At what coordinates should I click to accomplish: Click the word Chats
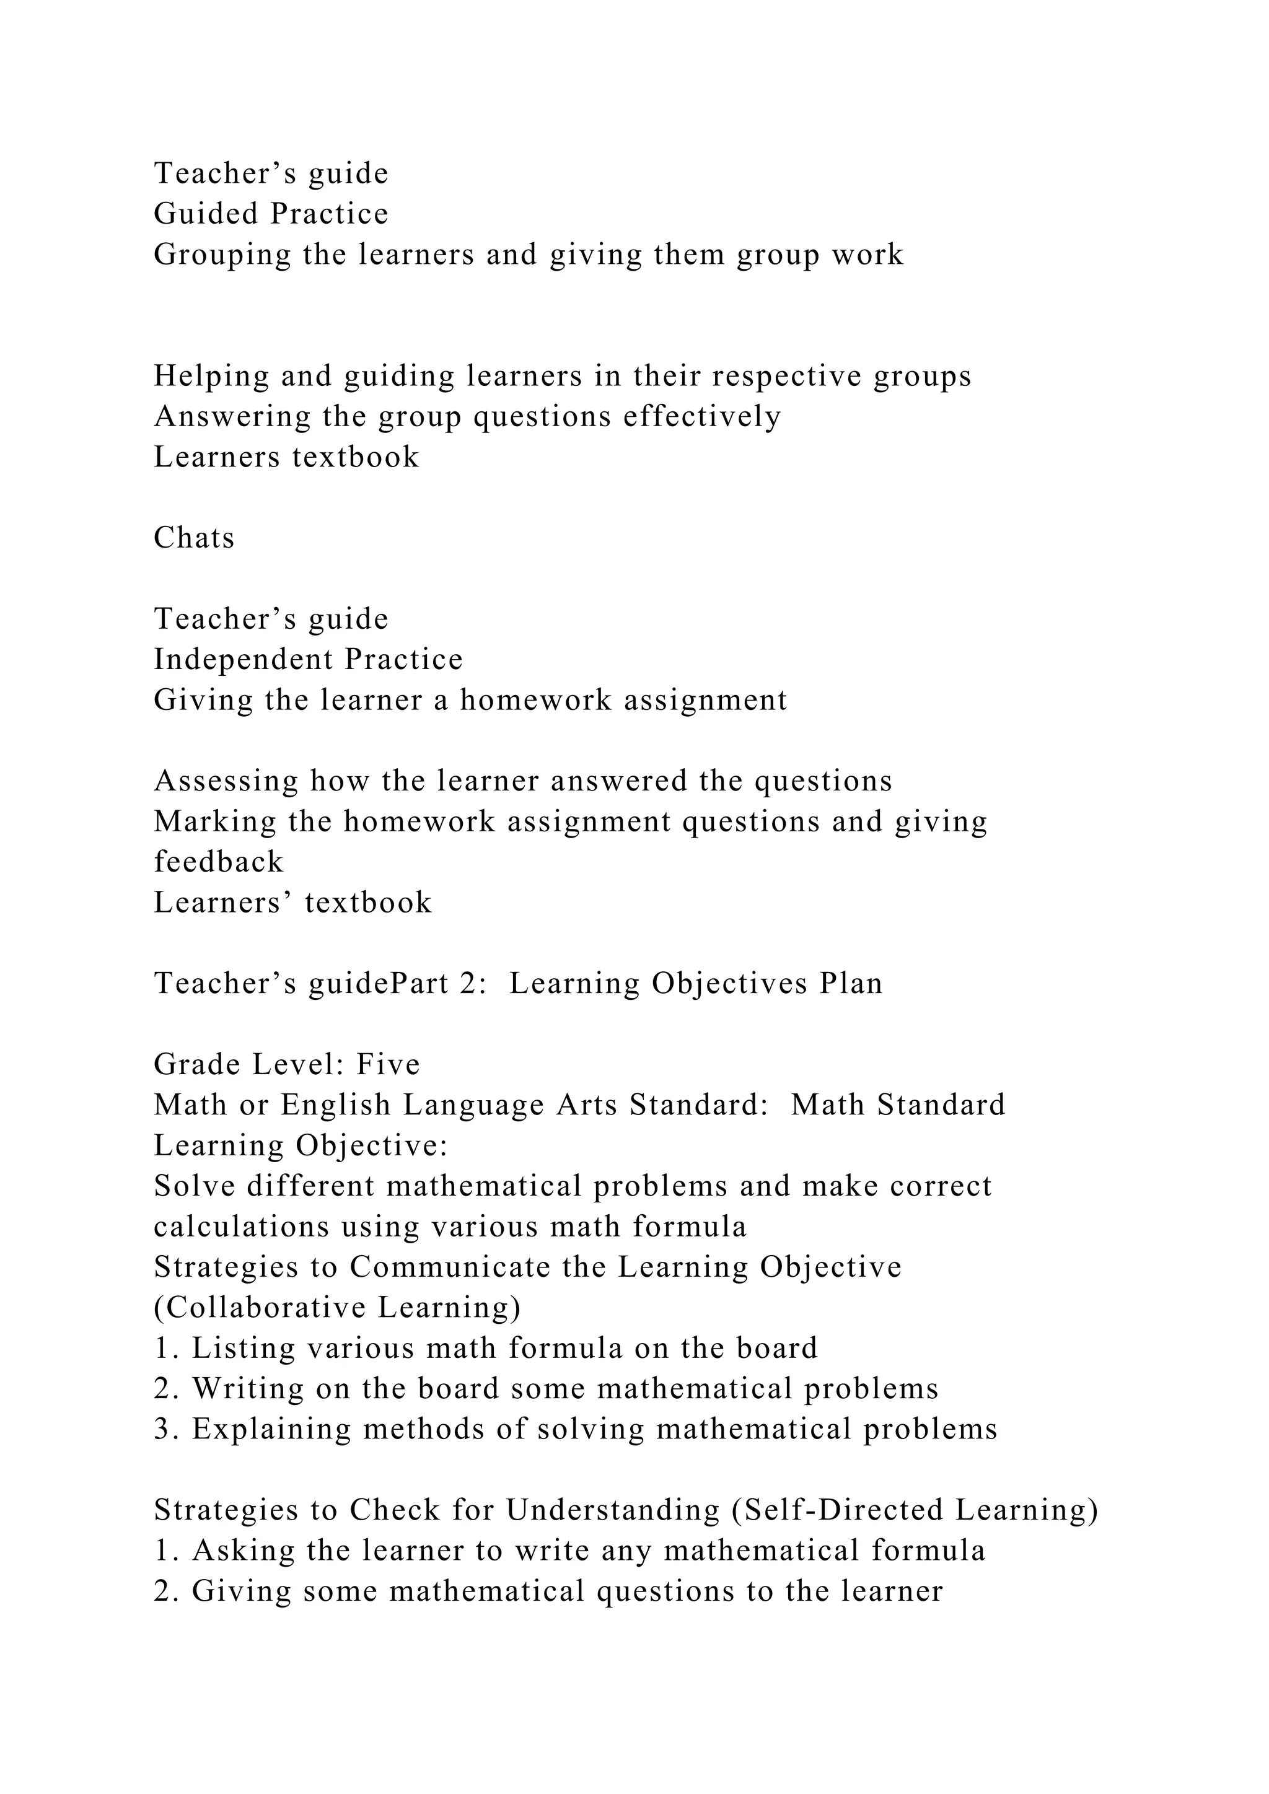[x=194, y=538]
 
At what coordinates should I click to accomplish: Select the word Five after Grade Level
[x=389, y=1064]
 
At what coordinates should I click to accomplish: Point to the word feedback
[x=218, y=862]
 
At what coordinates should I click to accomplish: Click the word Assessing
[x=226, y=781]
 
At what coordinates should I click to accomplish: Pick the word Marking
[x=215, y=821]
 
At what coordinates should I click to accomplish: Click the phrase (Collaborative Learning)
[x=337, y=1307]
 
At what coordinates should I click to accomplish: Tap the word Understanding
[x=613, y=1510]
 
